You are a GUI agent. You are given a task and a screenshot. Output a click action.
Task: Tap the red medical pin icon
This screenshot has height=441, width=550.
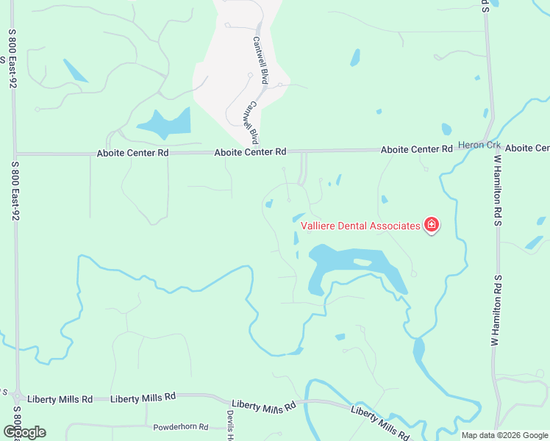(432, 226)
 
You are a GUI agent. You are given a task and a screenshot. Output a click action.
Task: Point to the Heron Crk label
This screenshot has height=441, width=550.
(479, 145)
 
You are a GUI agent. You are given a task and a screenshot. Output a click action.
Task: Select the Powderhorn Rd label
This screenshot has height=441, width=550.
(181, 427)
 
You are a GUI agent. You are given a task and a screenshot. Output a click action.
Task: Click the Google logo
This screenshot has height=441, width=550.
(24, 432)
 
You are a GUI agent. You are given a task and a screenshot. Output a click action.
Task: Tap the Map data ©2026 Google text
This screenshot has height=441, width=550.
(504, 434)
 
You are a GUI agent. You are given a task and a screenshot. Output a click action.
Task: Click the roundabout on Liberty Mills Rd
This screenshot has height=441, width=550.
(17, 397)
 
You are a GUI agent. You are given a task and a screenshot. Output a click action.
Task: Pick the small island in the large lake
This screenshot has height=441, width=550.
(362, 262)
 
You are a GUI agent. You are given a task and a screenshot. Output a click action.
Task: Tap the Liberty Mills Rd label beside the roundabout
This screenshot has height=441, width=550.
(60, 399)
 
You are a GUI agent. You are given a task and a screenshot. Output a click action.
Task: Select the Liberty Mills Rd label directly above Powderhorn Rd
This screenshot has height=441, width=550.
(143, 397)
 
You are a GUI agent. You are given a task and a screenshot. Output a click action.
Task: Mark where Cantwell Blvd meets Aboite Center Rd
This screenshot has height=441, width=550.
(258, 151)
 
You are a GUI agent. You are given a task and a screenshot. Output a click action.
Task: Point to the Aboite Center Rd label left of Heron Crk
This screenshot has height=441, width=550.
(416, 149)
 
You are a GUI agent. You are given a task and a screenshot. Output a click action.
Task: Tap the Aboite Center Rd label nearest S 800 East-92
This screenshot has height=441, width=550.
(133, 153)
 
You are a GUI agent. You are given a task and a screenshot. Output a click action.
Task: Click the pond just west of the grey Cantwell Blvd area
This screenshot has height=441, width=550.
(165, 123)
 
